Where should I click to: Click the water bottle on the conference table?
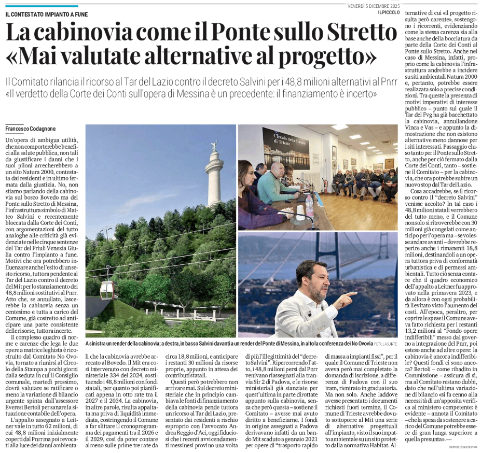310,205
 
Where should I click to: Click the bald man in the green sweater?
275,184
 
